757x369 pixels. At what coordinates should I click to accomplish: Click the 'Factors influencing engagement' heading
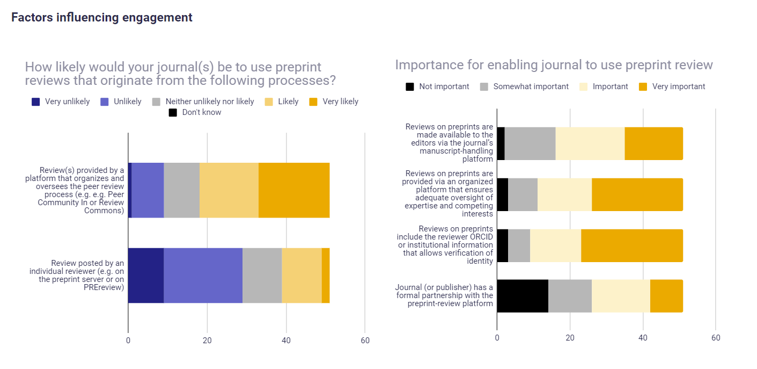point(102,17)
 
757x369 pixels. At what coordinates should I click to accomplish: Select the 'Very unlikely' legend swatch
point(36,102)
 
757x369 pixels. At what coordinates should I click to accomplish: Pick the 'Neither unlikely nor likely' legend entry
point(209,102)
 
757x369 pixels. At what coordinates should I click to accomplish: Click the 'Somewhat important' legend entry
point(531,86)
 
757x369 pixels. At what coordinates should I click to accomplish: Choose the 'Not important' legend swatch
point(410,86)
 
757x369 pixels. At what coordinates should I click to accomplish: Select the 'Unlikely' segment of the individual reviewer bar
point(203,276)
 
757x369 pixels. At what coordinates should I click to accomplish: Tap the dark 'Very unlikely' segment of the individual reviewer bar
point(146,276)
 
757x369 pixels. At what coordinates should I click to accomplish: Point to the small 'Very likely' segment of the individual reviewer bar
point(326,276)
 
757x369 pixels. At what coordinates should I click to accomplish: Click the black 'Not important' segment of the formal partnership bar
point(523,296)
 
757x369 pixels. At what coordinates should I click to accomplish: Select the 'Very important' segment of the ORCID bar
point(631,245)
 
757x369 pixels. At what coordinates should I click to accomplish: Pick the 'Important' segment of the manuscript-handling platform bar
point(590,143)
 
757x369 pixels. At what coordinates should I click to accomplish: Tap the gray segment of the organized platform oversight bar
point(523,194)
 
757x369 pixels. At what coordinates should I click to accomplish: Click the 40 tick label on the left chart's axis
point(286,340)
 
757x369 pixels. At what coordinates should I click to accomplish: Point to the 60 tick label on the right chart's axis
point(715,338)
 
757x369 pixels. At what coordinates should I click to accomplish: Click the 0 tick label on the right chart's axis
point(497,338)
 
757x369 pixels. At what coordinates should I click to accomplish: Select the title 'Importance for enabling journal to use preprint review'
point(554,65)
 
